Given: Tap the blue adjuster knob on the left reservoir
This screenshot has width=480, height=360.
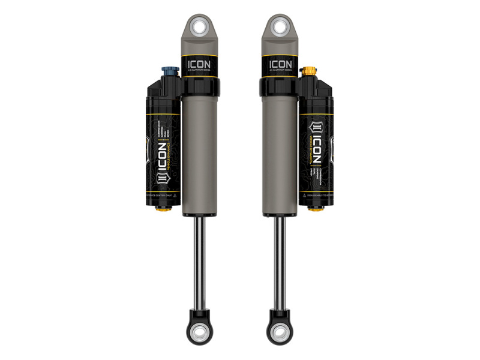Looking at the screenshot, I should (168, 72).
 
